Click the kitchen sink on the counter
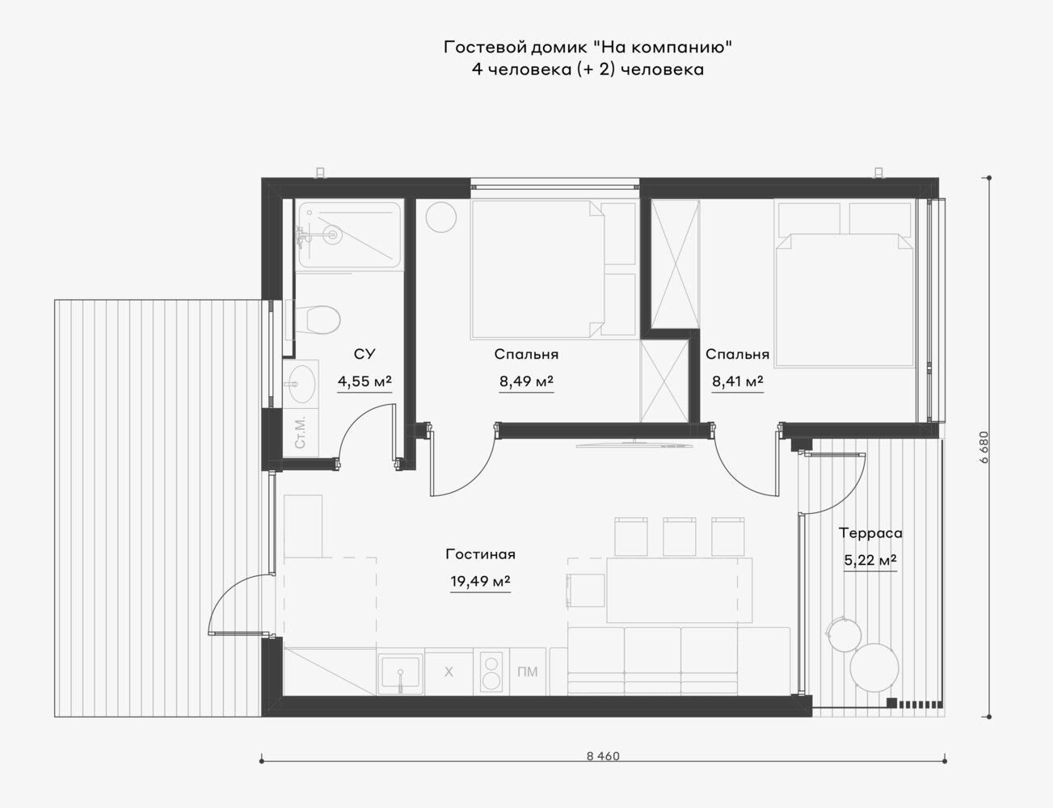click(400, 671)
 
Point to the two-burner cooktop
click(491, 671)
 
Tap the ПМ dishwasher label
click(528, 672)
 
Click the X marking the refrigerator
click(449, 672)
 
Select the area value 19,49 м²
click(480, 581)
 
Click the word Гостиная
click(480, 554)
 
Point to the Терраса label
click(870, 534)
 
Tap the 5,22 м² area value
click(870, 561)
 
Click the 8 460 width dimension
click(603, 756)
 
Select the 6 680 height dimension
click(984, 447)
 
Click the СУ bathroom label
click(364, 354)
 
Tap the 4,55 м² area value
click(364, 381)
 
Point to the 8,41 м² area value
click(738, 381)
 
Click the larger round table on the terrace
click(874, 667)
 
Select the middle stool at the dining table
click(680, 537)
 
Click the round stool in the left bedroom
click(441, 217)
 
